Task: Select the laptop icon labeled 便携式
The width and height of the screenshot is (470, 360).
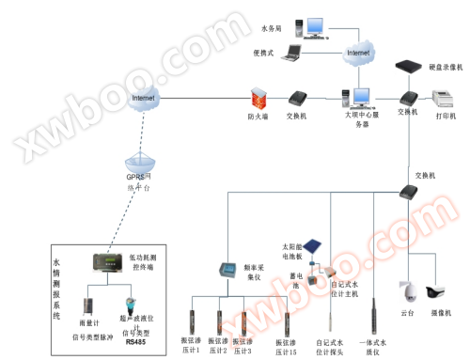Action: [x=292, y=53]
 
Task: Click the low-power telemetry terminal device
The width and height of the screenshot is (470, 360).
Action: [x=105, y=263]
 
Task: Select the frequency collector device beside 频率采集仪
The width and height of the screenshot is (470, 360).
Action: [x=229, y=272]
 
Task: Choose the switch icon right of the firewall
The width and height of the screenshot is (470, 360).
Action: [x=298, y=98]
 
